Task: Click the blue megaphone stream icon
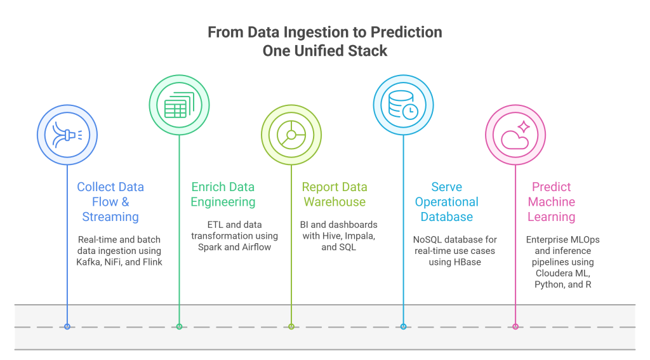67,135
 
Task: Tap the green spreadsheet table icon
179,105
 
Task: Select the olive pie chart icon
291,135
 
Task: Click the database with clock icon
403,105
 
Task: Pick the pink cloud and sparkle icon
515,135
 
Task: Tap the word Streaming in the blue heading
110,217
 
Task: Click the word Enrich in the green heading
206,187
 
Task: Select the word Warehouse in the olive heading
335,202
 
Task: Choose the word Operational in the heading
446,202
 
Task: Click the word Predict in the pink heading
552,187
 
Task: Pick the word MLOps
585,240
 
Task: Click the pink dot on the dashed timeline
515,327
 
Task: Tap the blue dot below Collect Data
67,327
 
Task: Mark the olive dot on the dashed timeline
291,327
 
